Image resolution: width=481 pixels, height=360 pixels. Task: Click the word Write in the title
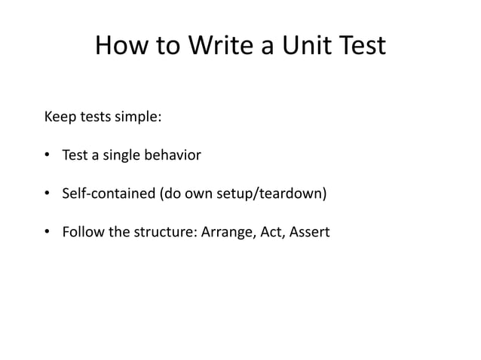tap(219, 47)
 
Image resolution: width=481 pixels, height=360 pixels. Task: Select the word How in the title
tap(121, 47)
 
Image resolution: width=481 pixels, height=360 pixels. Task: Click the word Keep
tap(60, 118)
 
